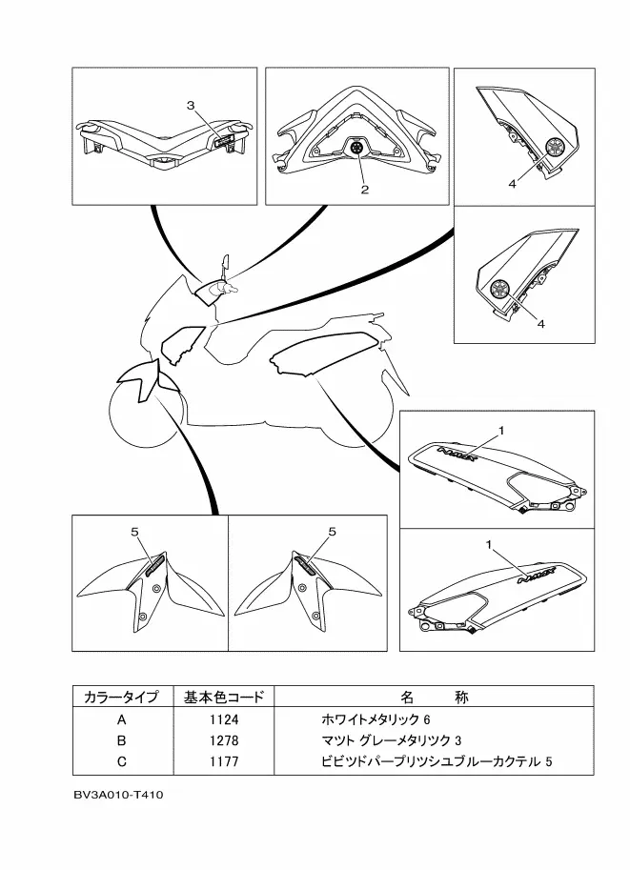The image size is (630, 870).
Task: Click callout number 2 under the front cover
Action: click(364, 190)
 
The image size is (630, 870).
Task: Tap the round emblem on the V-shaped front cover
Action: click(358, 150)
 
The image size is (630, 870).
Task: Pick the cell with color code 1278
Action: click(224, 739)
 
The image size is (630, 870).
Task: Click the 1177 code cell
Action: click(224, 761)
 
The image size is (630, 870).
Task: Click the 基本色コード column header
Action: click(224, 697)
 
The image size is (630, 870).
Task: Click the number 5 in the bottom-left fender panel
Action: click(134, 531)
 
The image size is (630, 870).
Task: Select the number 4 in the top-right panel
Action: click(512, 184)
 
